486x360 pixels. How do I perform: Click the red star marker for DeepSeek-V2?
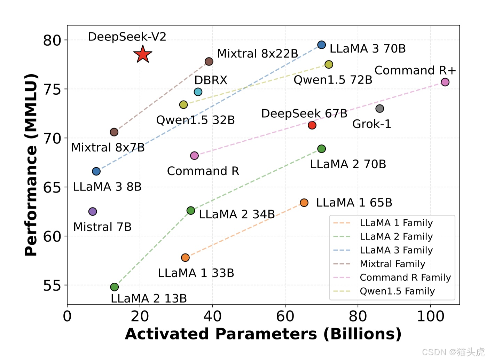[143, 54]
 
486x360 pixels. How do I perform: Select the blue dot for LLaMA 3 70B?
[321, 45]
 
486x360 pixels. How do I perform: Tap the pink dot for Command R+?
[445, 82]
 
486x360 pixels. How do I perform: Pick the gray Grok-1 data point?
[379, 109]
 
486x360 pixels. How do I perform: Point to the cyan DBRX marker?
[198, 92]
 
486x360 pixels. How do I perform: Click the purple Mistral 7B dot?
[93, 211]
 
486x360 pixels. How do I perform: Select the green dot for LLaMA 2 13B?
[115, 287]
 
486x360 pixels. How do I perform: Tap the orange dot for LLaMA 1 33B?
[185, 257]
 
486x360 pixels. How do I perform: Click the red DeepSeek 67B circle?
[312, 125]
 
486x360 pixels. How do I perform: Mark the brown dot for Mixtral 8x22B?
[209, 61]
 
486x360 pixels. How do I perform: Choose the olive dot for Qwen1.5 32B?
[183, 104]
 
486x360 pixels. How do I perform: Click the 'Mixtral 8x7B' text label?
[108, 147]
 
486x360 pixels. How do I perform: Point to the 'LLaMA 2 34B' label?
[237, 214]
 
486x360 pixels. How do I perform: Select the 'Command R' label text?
[203, 171]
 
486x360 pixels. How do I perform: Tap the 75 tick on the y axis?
[52, 89]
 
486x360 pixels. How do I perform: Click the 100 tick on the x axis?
[430, 316]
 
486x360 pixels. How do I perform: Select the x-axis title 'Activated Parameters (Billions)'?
[263, 334]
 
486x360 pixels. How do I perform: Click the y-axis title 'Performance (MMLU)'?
[31, 165]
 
